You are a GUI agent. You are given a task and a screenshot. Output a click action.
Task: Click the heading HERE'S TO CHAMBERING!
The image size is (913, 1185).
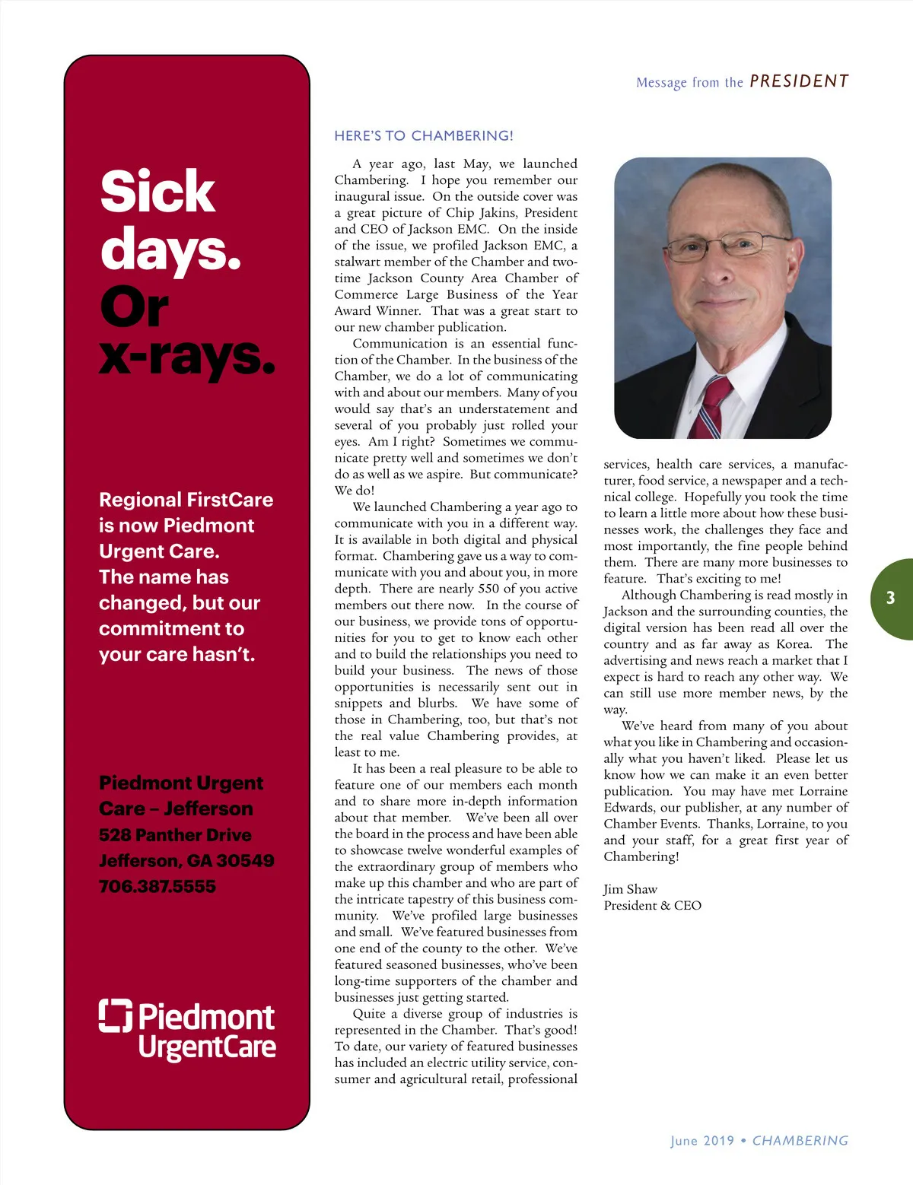[424, 136]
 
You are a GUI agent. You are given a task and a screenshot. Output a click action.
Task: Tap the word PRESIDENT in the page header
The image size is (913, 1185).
[799, 81]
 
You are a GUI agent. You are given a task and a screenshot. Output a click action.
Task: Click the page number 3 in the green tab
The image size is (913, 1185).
[890, 598]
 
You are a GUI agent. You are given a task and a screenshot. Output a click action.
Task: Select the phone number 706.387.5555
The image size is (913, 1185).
[157, 886]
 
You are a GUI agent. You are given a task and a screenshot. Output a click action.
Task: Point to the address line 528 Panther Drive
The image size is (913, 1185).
[175, 834]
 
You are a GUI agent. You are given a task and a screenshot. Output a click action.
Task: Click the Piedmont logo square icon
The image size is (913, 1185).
[116, 1015]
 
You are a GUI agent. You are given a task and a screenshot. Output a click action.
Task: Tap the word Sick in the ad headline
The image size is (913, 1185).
[157, 191]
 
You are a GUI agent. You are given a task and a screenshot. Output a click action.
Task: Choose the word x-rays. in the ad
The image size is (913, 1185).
[186, 356]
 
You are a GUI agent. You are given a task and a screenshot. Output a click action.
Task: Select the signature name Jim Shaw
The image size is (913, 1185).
[630, 889]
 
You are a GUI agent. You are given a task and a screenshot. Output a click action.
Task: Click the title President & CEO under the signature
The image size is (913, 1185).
[652, 905]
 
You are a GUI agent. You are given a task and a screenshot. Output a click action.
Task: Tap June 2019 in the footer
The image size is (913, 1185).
[702, 1141]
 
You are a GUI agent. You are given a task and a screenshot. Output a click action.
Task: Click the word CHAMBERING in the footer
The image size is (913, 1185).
[800, 1141]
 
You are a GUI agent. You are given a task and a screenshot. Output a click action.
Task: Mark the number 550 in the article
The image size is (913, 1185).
[489, 589]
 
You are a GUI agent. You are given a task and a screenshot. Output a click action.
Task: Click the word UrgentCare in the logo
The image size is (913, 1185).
[207, 1047]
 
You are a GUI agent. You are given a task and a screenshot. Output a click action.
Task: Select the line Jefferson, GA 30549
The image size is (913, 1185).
[186, 860]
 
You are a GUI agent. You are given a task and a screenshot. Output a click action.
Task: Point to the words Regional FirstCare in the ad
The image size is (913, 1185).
[186, 500]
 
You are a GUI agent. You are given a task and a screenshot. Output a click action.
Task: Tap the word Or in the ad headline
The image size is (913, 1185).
[134, 307]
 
